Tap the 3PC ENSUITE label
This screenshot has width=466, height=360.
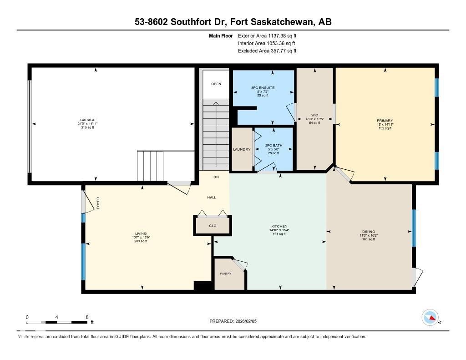click(263, 87)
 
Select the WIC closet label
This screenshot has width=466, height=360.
click(314, 115)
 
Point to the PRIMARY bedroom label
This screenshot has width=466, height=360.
click(385, 121)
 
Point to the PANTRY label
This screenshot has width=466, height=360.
click(225, 274)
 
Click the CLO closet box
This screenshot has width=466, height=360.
click(213, 225)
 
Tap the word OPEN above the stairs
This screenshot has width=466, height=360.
click(216, 84)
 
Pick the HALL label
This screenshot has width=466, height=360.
click(212, 198)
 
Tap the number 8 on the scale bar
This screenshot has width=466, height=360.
click(86, 317)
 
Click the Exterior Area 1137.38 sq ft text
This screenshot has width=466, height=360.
click(267, 35)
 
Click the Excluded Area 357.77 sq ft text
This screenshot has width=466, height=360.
click(267, 51)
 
